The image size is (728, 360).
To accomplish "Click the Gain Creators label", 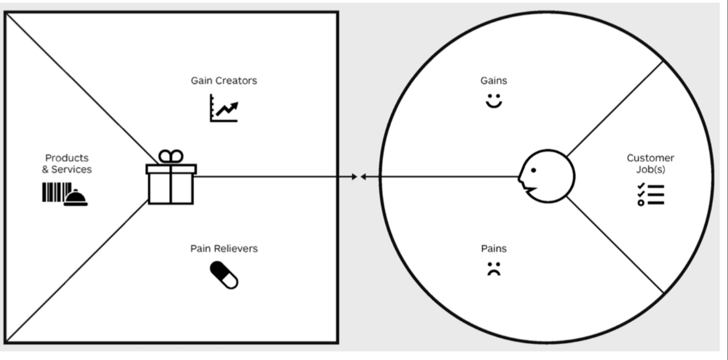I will pos(224,81).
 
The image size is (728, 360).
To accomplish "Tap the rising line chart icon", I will pos(224,108).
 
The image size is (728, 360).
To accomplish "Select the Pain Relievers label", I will pos(224,249).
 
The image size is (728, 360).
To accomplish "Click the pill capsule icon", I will pos(224,274).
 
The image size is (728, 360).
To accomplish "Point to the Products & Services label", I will pos(67,164).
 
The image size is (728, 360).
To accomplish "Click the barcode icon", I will pos(55,193).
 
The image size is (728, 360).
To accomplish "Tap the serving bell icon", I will pos(76,198).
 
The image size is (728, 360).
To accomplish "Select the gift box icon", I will pos(171,184).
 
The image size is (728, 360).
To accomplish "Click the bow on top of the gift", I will pos(171,157).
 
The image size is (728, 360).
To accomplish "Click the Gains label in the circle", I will pos(493,81).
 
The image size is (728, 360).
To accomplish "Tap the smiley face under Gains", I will pos(493,101).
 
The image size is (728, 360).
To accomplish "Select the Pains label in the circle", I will pos(493,249).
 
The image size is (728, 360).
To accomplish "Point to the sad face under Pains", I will pos(493,269).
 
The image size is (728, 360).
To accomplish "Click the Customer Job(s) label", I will pos(650,164).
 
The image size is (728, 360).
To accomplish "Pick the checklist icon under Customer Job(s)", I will pos(650,195).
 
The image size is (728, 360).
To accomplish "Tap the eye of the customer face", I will pos(533,170).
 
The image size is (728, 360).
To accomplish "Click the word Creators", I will pos(236,81).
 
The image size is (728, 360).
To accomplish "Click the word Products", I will pos(67,158).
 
